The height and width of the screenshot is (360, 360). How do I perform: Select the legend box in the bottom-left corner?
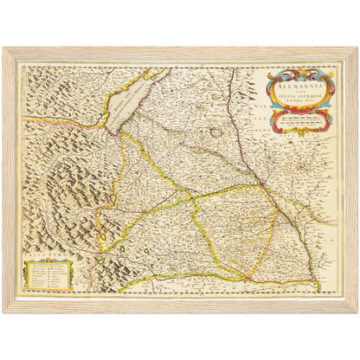(x=48, y=274)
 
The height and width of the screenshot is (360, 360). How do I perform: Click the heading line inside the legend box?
(x=48, y=264)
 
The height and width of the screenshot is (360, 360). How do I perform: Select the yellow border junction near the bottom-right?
(x=251, y=279)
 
